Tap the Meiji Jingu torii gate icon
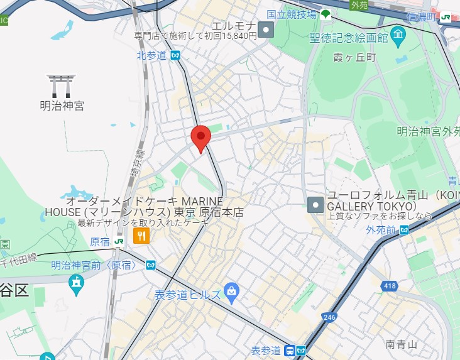[62, 85]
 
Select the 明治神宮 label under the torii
[62, 106]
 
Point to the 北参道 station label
[151, 55]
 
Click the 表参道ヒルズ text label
[188, 294]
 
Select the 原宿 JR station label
[100, 241]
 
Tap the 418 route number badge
[389, 286]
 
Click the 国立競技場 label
[290, 14]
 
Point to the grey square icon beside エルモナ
[268, 29]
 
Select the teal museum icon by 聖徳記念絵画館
[398, 37]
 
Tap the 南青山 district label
[402, 344]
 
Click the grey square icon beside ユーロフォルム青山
[315, 204]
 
